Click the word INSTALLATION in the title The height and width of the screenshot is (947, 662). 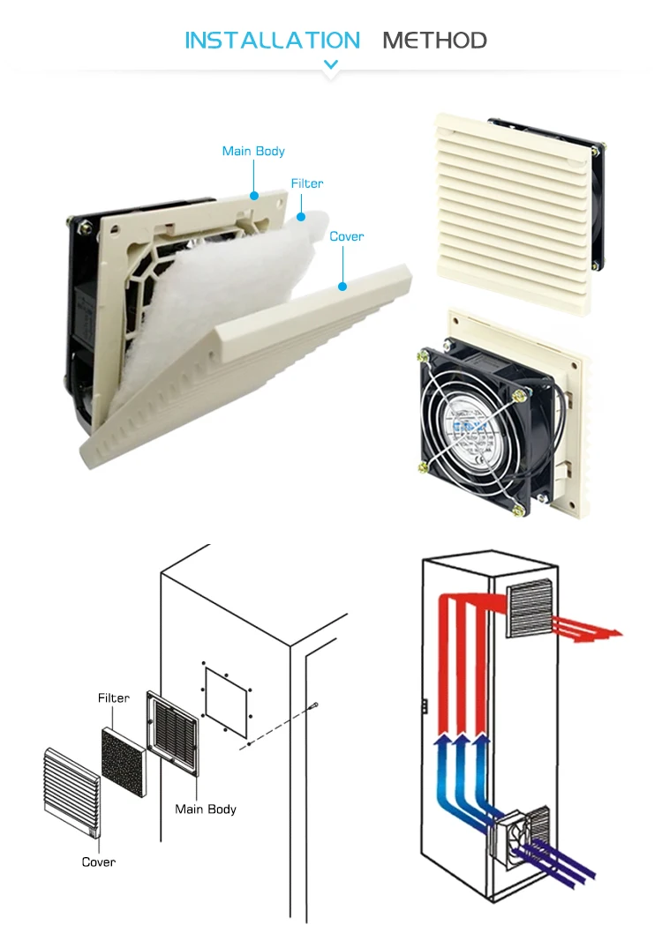click(x=272, y=40)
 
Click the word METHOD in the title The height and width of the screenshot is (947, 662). click(x=434, y=40)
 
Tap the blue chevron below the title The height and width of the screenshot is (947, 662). click(x=331, y=64)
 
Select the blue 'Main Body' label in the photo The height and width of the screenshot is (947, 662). click(x=253, y=151)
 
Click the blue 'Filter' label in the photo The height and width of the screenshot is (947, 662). click(x=307, y=183)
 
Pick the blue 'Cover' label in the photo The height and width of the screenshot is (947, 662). click(x=346, y=236)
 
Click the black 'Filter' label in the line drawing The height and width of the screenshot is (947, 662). click(x=114, y=697)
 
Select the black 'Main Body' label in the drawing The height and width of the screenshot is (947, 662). click(x=206, y=809)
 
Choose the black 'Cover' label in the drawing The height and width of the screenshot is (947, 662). click(x=98, y=861)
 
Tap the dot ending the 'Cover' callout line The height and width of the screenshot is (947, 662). click(x=342, y=285)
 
